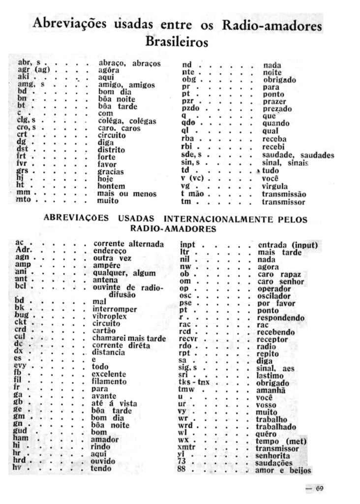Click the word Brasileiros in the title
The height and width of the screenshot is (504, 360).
coord(177,42)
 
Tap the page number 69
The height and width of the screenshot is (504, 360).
coord(319,489)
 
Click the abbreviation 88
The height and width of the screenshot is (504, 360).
coord(181,470)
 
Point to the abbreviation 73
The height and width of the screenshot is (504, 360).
coord(181,462)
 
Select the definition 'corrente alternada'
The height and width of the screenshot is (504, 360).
coord(128,244)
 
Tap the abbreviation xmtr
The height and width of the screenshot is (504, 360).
coord(187,448)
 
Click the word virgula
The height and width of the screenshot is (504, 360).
coord(276,187)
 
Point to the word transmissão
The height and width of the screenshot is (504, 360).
coord(284,194)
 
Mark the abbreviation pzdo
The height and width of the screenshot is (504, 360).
coord(190,108)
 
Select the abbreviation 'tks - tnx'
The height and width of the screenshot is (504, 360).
coord(194,382)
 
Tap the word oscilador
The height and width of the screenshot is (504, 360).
coord(274,296)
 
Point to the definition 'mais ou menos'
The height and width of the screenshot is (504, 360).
coord(127,194)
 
